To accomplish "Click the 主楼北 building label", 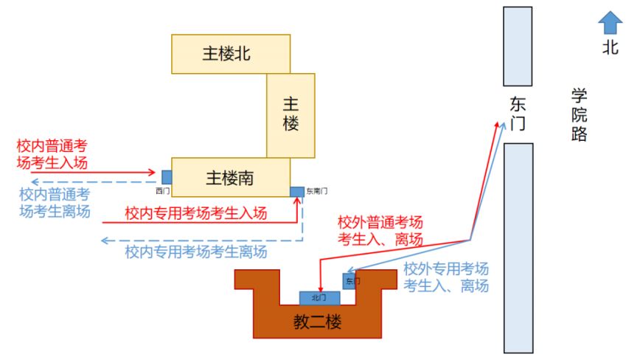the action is [226, 54].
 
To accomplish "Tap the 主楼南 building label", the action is [229, 178].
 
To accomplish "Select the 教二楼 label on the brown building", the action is [317, 322].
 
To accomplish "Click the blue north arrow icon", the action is [610, 22].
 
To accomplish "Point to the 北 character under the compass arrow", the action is [610, 47].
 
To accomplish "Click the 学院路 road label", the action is [579, 114].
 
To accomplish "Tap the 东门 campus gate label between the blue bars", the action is [518, 114].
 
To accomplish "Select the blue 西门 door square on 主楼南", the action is [167, 177].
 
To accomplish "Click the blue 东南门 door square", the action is [297, 192].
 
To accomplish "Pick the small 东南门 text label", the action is [317, 191].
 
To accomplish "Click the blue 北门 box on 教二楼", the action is [320, 298].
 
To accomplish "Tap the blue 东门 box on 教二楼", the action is [349, 281].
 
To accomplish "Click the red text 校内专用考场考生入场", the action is [196, 213].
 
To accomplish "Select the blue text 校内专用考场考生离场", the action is [196, 252].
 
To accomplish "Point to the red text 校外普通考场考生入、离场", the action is [380, 231].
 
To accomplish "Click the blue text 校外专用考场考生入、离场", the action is [446, 277].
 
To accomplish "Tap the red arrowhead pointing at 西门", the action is [152, 173].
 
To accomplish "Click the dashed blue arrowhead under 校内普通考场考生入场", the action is [35, 182].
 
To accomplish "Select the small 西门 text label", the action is [162, 191].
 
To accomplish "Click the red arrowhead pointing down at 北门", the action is [321, 288].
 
